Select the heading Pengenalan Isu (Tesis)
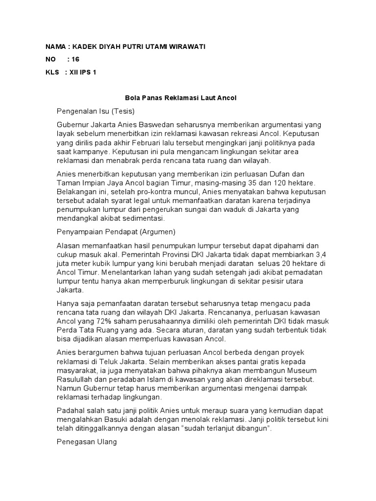(x=95, y=111)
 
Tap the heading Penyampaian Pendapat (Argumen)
(x=116, y=231)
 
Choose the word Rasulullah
(x=78, y=379)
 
